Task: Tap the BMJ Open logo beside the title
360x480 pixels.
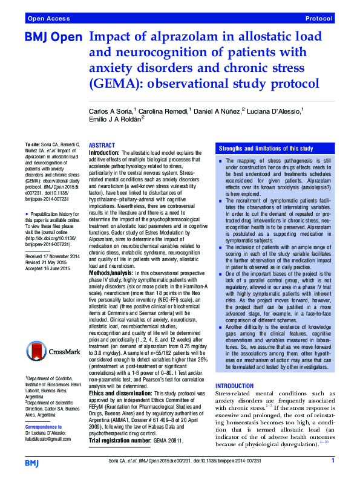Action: coord(53,37)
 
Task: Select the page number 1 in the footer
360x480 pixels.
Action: coord(333,461)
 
